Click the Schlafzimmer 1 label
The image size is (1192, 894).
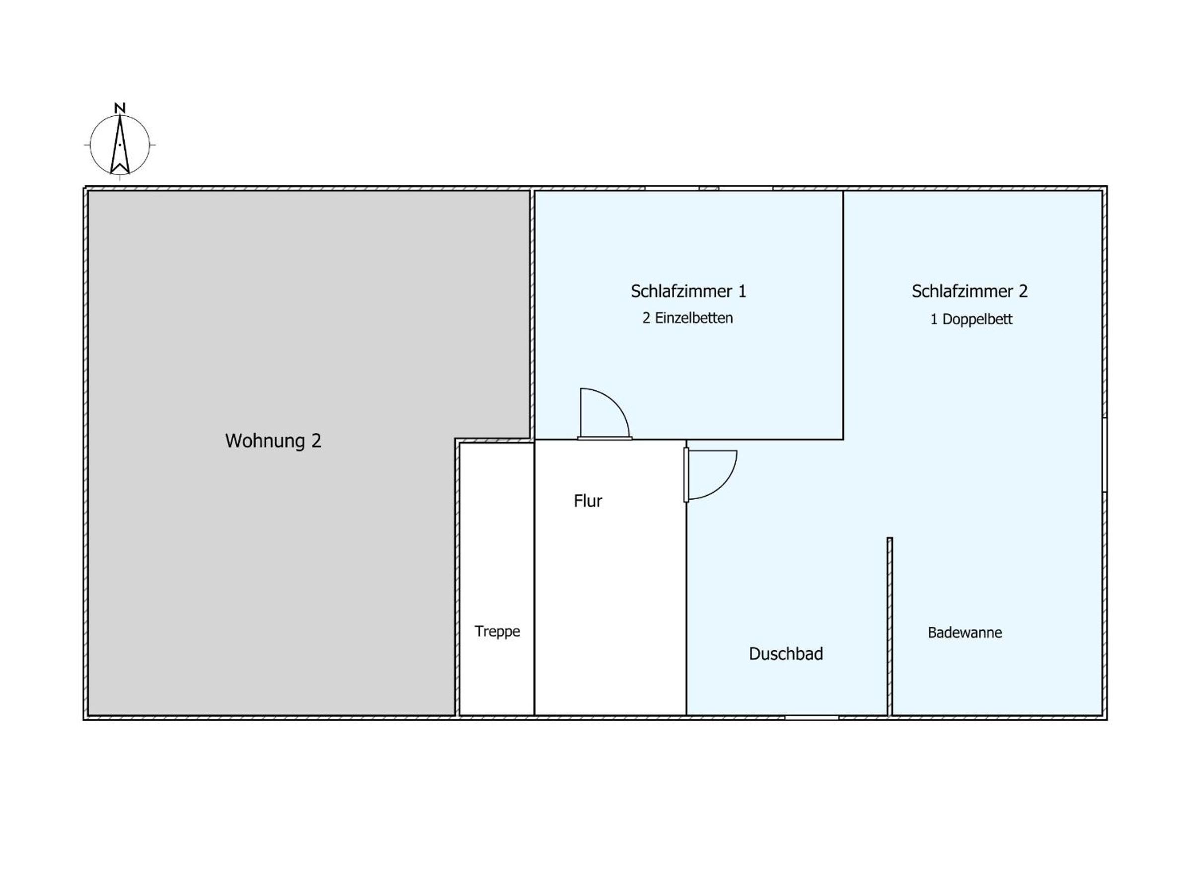(x=688, y=292)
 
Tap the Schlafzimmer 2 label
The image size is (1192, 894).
(x=969, y=292)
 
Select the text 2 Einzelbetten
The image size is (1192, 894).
(x=687, y=318)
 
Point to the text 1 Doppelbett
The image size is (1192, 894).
(x=971, y=319)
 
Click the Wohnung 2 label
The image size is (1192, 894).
(x=273, y=441)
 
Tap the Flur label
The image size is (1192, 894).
(x=588, y=501)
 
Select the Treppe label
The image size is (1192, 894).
(x=497, y=632)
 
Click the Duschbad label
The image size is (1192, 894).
(x=786, y=654)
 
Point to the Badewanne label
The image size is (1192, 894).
(x=965, y=633)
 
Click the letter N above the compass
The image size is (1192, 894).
(x=120, y=108)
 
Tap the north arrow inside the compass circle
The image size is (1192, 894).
(x=120, y=145)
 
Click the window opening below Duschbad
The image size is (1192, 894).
(x=812, y=718)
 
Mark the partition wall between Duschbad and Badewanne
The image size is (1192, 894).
(x=890, y=626)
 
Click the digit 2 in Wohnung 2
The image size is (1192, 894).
(x=316, y=441)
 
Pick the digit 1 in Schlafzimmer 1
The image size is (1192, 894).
(x=742, y=292)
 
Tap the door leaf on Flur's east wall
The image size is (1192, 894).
(x=686, y=475)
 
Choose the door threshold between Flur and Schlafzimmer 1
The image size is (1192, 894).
(x=604, y=438)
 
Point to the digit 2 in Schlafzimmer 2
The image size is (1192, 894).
(x=1023, y=292)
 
